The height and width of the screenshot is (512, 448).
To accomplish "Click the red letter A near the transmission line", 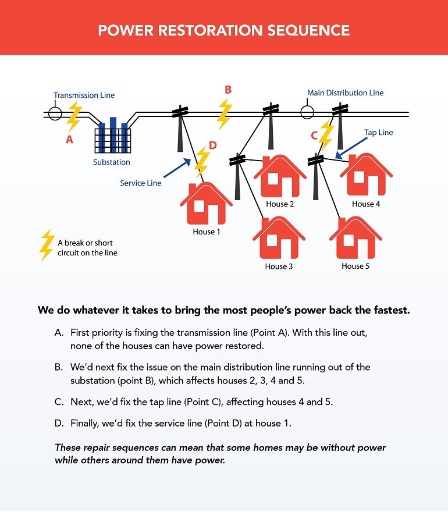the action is click(x=70, y=140).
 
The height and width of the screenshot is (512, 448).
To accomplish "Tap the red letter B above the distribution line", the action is click(x=228, y=90).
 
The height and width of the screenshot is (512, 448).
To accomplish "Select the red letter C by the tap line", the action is click(x=314, y=135).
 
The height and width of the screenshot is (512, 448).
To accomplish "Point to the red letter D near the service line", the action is click(x=212, y=145).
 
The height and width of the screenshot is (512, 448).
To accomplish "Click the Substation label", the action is click(x=111, y=162).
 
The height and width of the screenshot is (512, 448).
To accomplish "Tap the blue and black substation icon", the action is click(x=113, y=135).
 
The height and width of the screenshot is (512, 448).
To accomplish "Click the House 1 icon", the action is click(x=206, y=203).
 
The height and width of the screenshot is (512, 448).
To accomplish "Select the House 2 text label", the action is click(x=280, y=204).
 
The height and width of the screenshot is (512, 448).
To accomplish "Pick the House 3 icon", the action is click(x=279, y=237).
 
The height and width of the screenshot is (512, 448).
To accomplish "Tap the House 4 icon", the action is click(x=366, y=175).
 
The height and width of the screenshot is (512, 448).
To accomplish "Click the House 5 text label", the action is click(x=355, y=266).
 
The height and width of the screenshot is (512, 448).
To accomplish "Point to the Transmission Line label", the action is click(x=84, y=95).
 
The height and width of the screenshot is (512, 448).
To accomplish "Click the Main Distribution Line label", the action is click(x=345, y=93).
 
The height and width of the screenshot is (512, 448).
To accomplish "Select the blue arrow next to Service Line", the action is click(x=177, y=168).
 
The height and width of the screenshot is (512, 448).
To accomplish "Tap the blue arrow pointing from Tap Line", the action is click(x=351, y=148).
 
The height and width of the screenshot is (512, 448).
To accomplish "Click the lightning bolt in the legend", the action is click(x=47, y=246).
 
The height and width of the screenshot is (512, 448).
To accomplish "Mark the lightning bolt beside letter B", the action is click(x=225, y=114).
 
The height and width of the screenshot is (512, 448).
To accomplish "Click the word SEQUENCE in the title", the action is click(x=308, y=30).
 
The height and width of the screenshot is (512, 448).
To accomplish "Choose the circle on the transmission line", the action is click(x=55, y=113).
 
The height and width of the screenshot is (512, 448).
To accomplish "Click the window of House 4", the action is click(x=359, y=177).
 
